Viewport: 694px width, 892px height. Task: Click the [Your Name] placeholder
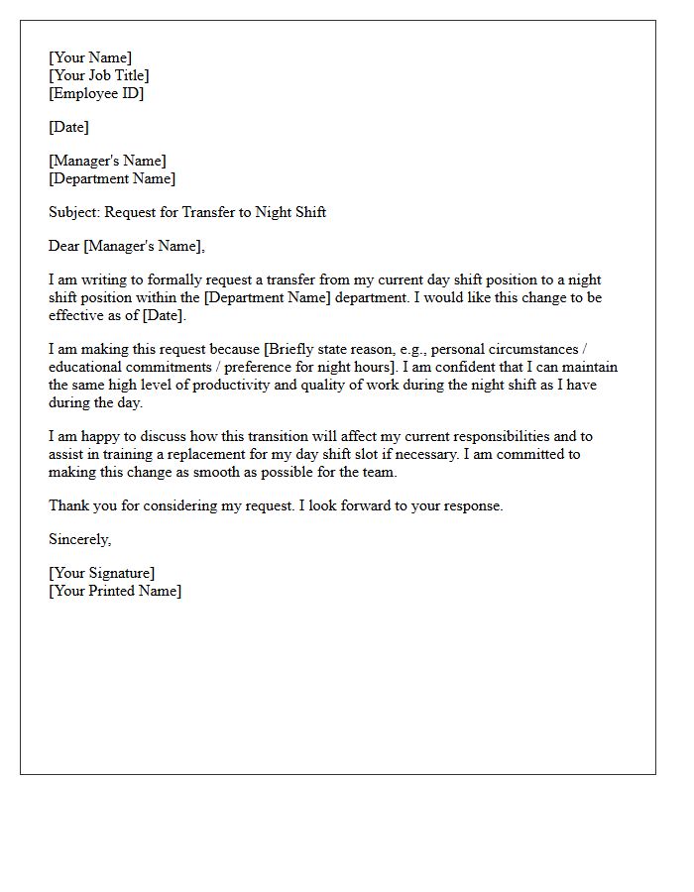[90, 57]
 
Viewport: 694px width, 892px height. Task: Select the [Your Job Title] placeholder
[99, 75]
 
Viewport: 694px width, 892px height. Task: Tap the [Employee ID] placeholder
[96, 93]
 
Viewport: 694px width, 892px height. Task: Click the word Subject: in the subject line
[74, 212]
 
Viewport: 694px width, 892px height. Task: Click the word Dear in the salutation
[64, 246]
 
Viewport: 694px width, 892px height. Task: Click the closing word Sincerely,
[80, 539]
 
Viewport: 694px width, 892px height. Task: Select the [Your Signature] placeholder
[102, 573]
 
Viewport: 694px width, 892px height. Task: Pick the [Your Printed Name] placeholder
[115, 591]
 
